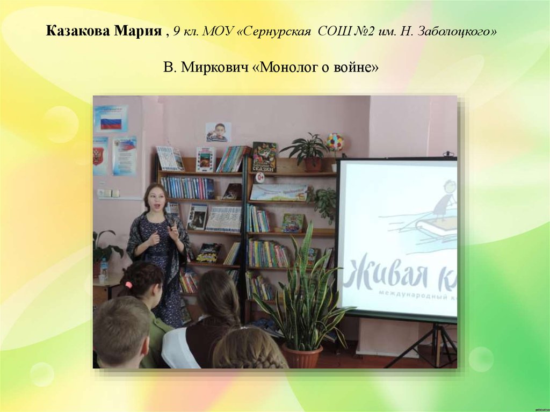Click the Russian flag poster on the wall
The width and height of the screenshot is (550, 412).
click(111, 119)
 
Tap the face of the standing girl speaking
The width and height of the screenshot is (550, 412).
click(156, 199)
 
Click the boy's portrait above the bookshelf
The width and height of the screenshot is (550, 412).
click(218, 132)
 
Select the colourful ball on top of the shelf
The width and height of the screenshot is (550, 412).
click(335, 142)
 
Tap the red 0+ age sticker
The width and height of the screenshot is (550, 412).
click(259, 177)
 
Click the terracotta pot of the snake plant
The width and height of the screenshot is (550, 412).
click(302, 356)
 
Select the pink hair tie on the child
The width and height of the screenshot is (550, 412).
click(127, 284)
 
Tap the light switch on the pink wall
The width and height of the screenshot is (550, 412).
click(107, 192)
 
